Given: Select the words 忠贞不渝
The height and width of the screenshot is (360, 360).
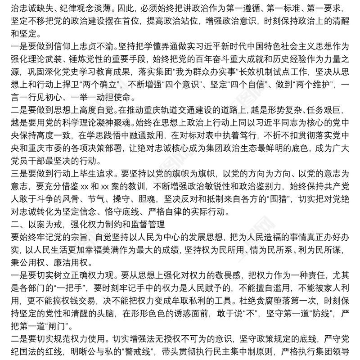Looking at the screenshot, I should click(99, 46).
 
